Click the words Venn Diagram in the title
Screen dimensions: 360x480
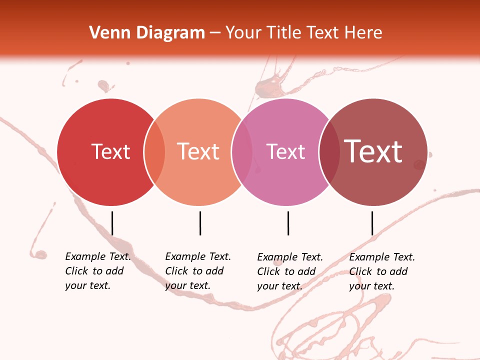(x=147, y=33)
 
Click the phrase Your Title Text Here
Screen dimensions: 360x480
(x=303, y=33)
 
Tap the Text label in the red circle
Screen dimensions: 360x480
(x=110, y=151)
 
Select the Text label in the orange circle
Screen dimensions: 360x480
(x=198, y=151)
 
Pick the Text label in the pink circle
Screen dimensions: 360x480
(x=285, y=151)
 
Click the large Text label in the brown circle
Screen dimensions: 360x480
(x=373, y=151)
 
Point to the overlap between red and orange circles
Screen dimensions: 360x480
(x=154, y=152)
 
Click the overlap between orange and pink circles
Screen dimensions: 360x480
(x=242, y=152)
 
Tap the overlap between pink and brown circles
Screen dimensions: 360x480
(x=329, y=152)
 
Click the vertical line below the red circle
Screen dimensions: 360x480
(x=112, y=223)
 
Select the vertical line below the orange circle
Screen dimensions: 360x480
(x=200, y=223)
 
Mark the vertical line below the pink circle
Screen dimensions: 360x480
(x=288, y=223)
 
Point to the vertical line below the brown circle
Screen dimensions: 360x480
(x=372, y=223)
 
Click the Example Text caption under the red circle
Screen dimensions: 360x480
(x=97, y=271)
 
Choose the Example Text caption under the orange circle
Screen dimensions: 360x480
(x=197, y=271)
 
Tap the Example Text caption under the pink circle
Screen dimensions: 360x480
(x=289, y=271)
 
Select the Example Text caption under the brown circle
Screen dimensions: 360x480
(x=381, y=271)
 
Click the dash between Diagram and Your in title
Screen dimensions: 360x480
(x=215, y=33)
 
